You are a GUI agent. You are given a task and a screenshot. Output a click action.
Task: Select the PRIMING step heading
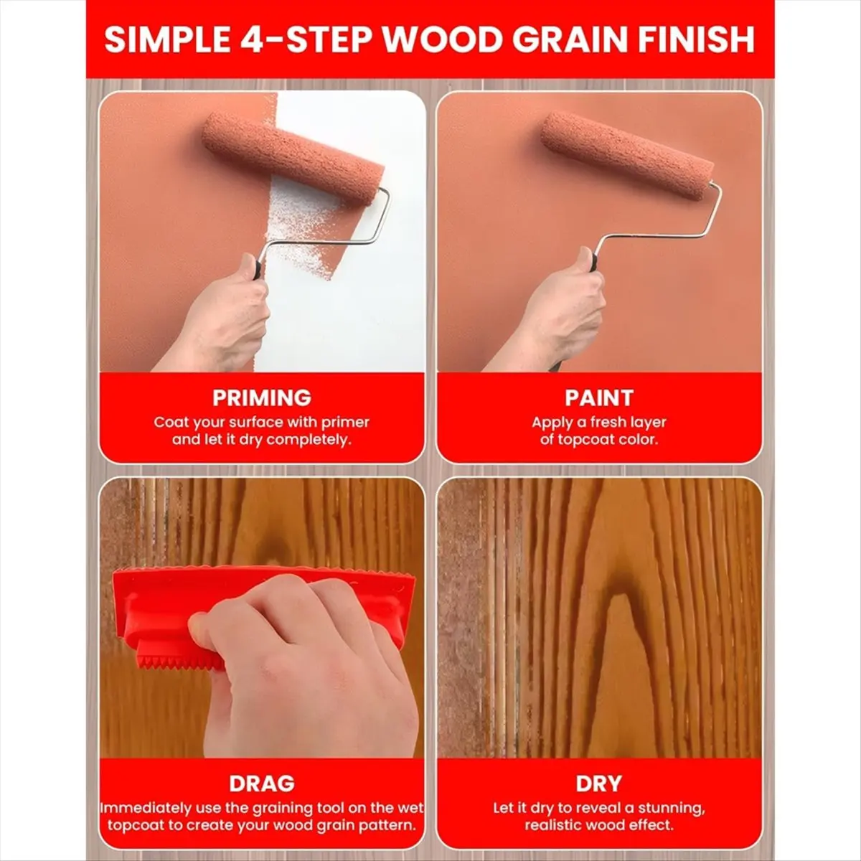point(262,397)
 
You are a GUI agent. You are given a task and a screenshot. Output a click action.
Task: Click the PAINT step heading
point(599,397)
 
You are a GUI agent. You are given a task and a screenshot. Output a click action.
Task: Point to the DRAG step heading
point(262,784)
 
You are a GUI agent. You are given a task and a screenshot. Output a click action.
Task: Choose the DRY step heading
point(598,784)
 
